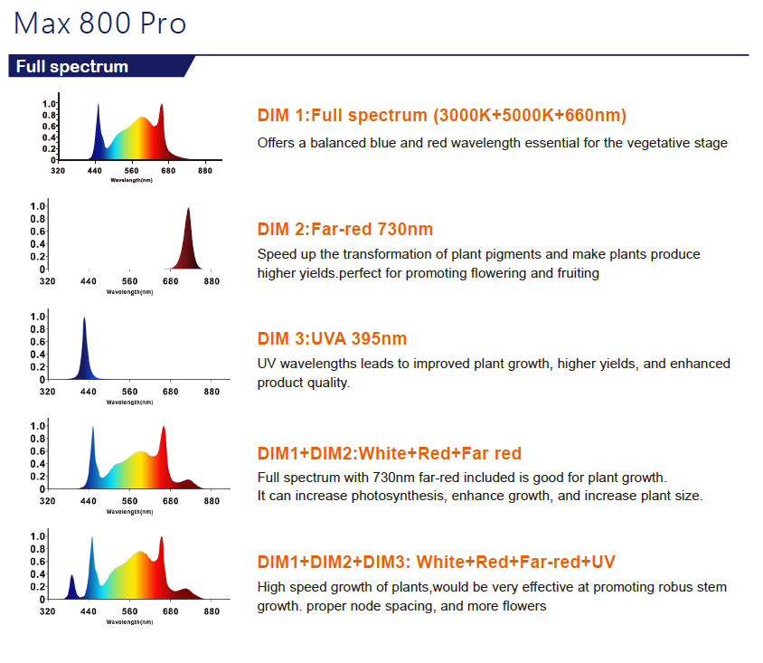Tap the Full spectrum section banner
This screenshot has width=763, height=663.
tap(72, 67)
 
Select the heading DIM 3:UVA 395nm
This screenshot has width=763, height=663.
tap(333, 339)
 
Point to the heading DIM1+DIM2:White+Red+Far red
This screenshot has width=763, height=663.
tap(390, 453)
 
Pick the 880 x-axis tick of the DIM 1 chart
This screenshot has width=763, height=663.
tap(205, 171)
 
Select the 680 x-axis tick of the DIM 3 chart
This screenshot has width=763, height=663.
tap(171, 393)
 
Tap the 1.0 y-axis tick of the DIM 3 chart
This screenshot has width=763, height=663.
tap(38, 317)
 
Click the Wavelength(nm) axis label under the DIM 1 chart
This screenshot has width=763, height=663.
tap(131, 181)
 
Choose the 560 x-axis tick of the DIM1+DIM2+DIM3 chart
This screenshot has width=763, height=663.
tap(129, 611)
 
